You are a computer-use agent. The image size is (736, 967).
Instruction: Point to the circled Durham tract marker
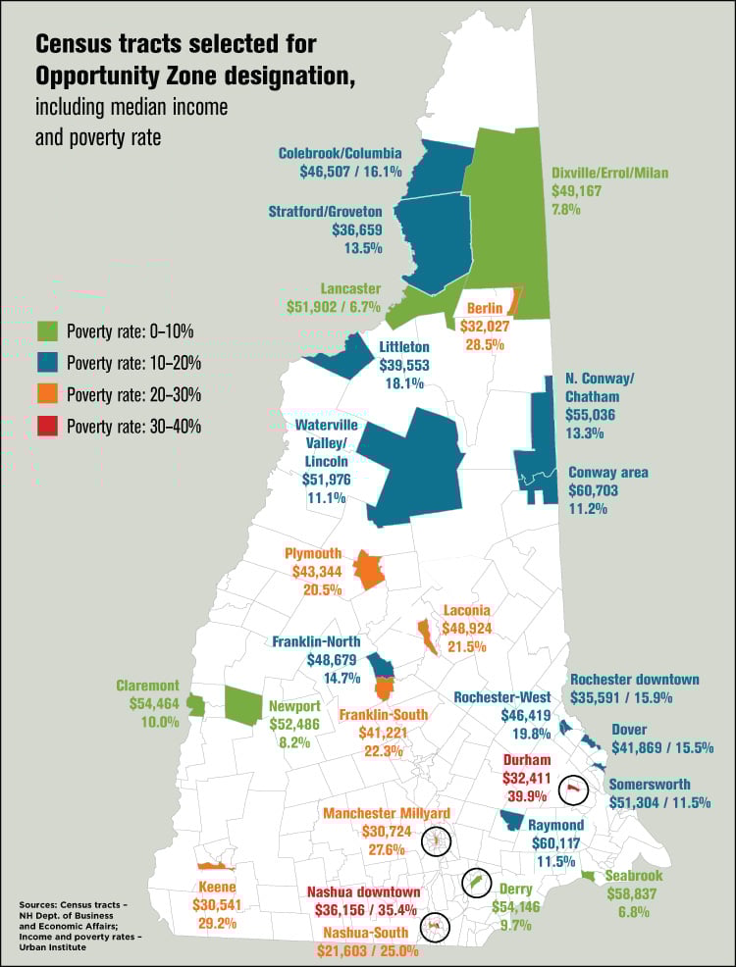(x=573, y=788)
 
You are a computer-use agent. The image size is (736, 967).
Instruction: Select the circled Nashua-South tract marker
(x=433, y=926)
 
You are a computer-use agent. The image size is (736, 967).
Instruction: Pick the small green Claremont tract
(x=195, y=705)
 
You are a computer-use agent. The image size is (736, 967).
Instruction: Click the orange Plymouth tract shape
(x=368, y=569)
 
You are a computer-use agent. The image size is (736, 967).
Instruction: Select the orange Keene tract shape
(x=213, y=866)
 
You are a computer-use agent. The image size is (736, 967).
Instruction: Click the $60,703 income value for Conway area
(x=596, y=490)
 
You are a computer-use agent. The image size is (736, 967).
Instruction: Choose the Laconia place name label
(x=466, y=610)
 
